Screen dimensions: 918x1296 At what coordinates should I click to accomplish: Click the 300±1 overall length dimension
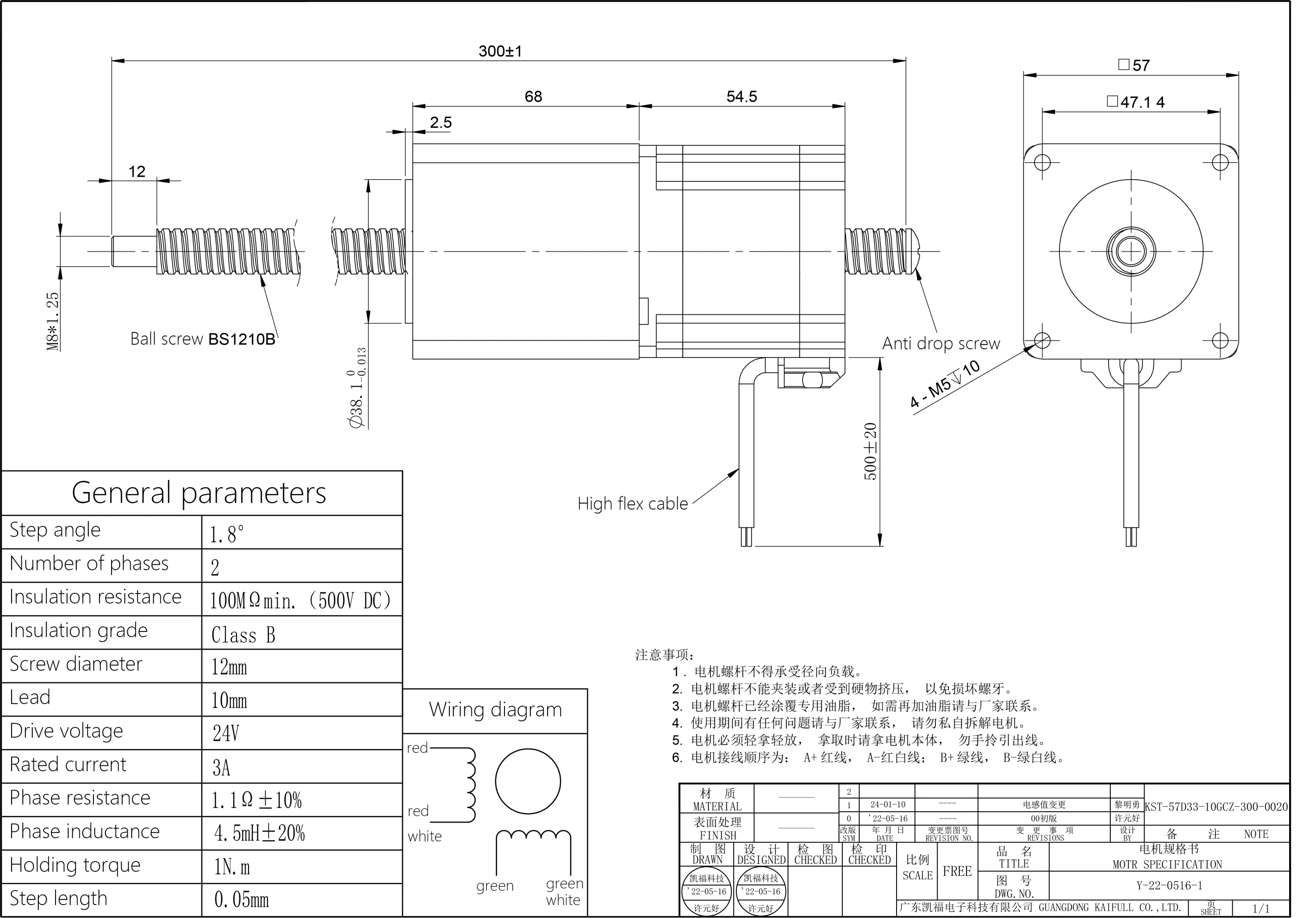(500, 51)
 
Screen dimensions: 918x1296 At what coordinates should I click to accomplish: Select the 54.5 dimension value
(741, 96)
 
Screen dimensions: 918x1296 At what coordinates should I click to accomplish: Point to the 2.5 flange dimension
(440, 123)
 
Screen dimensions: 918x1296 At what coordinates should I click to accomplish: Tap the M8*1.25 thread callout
(53, 321)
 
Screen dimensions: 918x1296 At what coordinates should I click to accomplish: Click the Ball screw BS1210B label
(202, 339)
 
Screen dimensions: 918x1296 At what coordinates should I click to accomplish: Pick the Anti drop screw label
(941, 343)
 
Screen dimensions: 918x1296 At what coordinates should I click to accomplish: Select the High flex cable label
(632, 504)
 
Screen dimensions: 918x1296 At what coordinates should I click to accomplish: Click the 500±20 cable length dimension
(870, 451)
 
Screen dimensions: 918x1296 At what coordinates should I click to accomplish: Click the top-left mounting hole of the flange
(1042, 163)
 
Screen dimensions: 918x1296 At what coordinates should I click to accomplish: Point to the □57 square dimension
(1133, 65)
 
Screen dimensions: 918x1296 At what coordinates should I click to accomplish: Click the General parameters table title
(199, 493)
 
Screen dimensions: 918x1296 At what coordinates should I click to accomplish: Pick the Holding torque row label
(75, 865)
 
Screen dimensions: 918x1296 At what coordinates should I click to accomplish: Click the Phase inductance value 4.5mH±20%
(259, 833)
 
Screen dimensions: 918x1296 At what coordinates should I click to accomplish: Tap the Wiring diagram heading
(495, 710)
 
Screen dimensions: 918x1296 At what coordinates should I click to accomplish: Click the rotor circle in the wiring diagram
(527, 782)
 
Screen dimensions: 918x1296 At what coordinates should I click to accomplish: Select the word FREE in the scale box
(957, 871)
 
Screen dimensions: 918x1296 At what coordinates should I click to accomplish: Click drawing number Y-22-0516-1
(1169, 885)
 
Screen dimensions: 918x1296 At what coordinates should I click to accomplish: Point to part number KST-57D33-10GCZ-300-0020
(1216, 806)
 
